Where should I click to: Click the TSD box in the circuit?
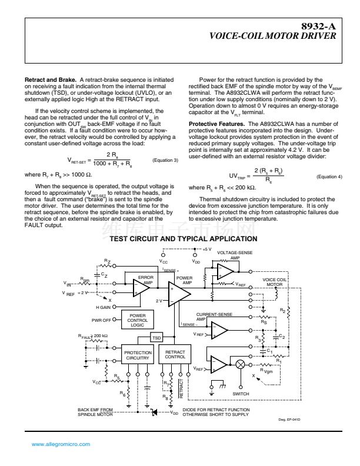[x=156, y=338]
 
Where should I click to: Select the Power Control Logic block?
[x=137, y=320]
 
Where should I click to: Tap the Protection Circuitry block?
[x=138, y=355]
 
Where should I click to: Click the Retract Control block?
[x=175, y=355]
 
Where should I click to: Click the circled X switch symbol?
[x=239, y=365]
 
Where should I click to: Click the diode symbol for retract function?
[x=154, y=413]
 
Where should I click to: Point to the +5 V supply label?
[x=206, y=248]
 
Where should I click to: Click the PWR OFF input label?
[x=101, y=320]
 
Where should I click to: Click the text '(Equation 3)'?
[x=165, y=160]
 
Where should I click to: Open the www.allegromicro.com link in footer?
[x=57, y=444]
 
